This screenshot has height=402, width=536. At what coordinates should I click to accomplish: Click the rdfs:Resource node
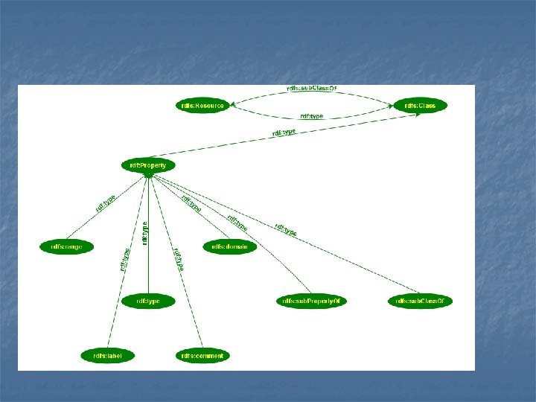[202, 106]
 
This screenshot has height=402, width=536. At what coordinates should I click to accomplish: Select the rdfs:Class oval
[420, 106]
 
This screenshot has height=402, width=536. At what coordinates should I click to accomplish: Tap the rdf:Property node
[148, 165]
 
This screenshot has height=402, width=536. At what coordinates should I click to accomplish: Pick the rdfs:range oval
[67, 246]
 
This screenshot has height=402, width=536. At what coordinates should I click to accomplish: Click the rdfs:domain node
[230, 246]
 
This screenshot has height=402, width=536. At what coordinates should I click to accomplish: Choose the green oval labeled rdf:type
[148, 301]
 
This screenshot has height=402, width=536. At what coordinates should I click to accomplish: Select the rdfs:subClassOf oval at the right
[421, 301]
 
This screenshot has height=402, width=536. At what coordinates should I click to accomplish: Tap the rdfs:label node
[108, 356]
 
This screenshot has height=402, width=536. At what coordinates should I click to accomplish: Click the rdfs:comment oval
[202, 356]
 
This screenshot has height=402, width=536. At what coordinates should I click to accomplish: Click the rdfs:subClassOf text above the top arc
[311, 88]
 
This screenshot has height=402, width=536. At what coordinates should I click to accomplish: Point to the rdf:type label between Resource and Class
[311, 116]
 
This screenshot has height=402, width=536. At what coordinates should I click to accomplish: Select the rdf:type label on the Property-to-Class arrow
[284, 133]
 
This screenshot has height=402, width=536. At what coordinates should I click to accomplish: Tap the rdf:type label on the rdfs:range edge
[105, 202]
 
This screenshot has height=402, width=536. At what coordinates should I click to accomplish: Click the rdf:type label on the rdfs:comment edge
[179, 259]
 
